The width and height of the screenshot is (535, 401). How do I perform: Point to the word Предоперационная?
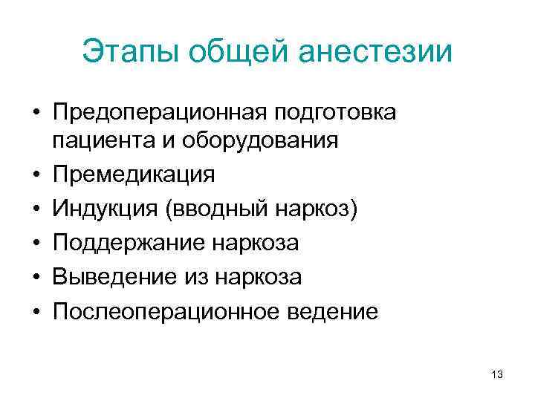tap(160, 113)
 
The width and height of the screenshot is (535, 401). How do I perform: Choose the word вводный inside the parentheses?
tap(219, 209)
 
